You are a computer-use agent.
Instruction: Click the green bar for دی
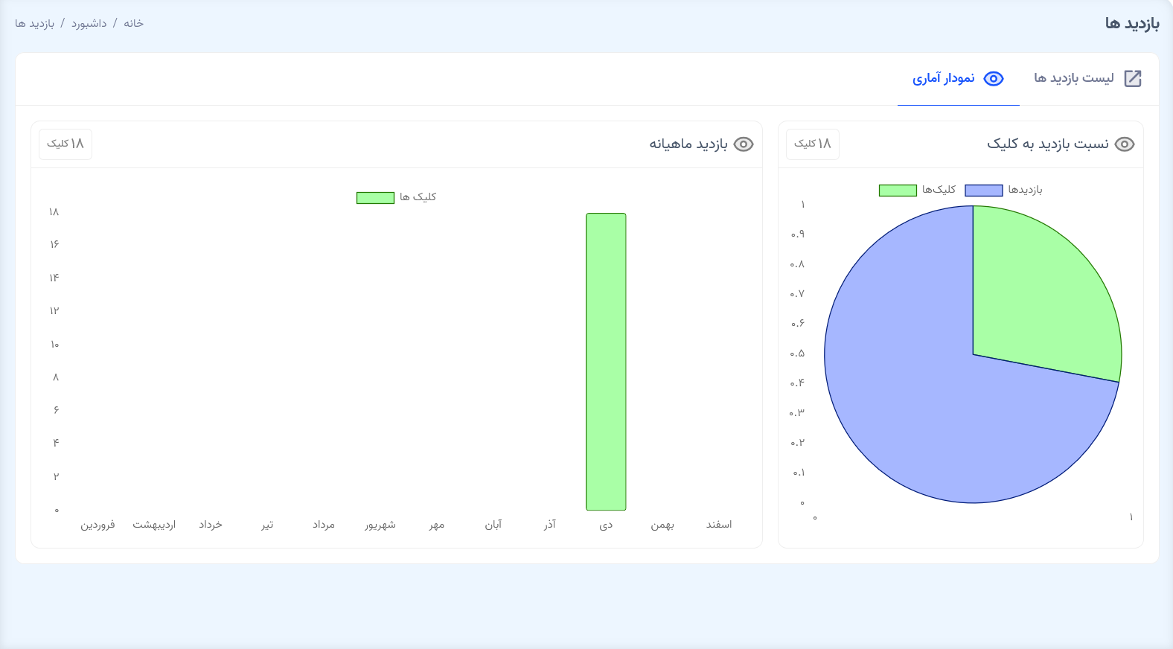[606, 362]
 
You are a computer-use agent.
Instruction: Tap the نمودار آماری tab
[959, 79]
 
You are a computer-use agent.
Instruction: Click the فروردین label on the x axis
[98, 525]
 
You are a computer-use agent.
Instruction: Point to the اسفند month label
[719, 525]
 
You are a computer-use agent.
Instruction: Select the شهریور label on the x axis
[380, 525]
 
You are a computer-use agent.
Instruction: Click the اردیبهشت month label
[154, 525]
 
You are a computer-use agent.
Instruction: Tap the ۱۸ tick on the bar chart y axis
[54, 212]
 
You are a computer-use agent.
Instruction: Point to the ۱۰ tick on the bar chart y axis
[54, 345]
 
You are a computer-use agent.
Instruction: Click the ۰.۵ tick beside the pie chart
[797, 354]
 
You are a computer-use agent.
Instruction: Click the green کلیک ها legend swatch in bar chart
[375, 198]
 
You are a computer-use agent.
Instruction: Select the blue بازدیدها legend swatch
[983, 191]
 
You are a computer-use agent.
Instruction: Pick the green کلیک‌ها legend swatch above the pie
[898, 191]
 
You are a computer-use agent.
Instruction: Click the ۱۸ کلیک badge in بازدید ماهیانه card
[65, 144]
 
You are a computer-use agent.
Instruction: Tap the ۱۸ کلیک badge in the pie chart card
[813, 144]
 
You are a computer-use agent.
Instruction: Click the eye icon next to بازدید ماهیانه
[744, 144]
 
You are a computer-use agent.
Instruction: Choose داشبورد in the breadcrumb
[89, 24]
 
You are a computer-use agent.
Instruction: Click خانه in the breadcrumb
[134, 24]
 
